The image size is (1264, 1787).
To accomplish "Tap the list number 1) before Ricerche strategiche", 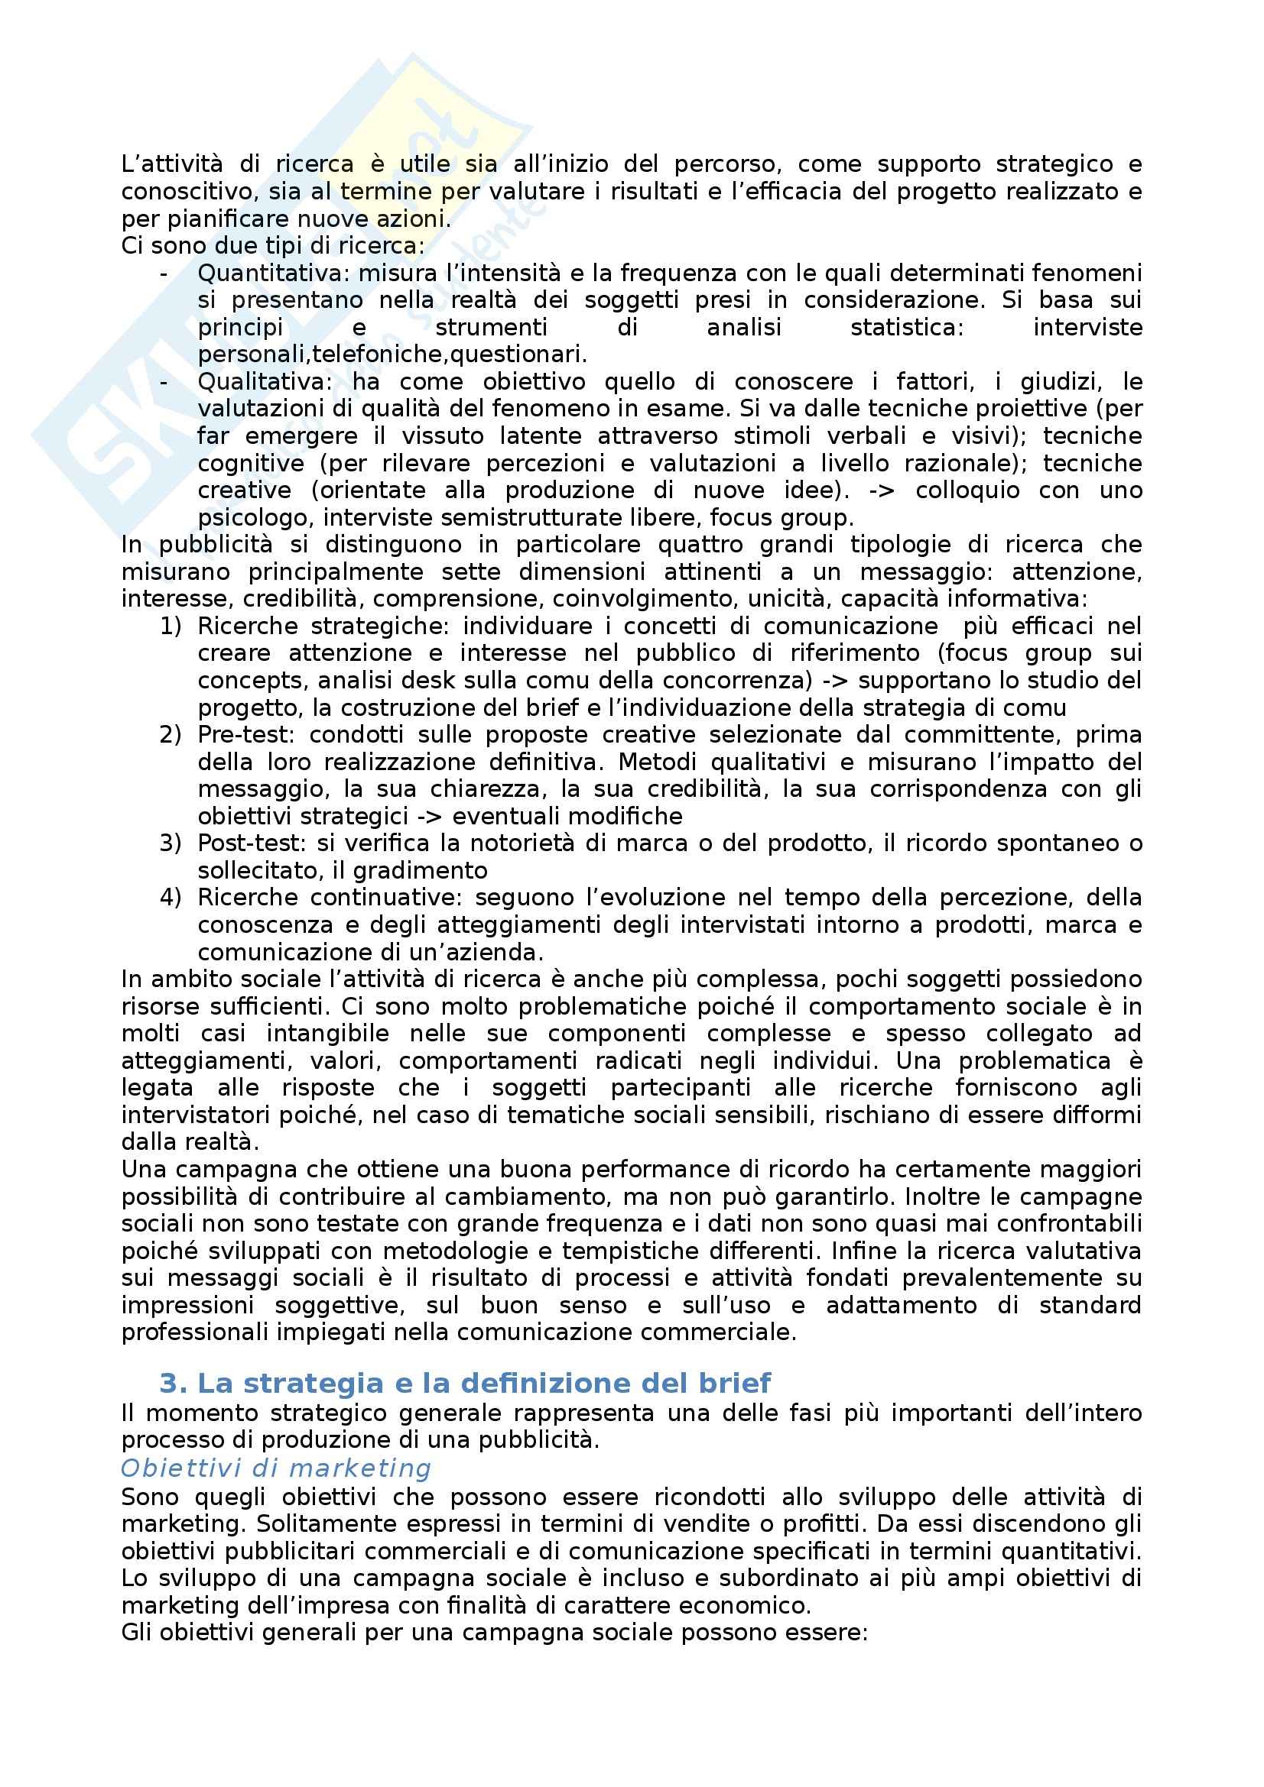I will click(170, 626).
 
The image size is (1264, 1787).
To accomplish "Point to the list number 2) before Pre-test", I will click(170, 735).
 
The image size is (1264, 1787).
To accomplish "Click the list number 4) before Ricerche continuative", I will click(170, 898).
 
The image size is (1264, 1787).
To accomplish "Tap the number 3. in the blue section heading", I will click(174, 1383).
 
